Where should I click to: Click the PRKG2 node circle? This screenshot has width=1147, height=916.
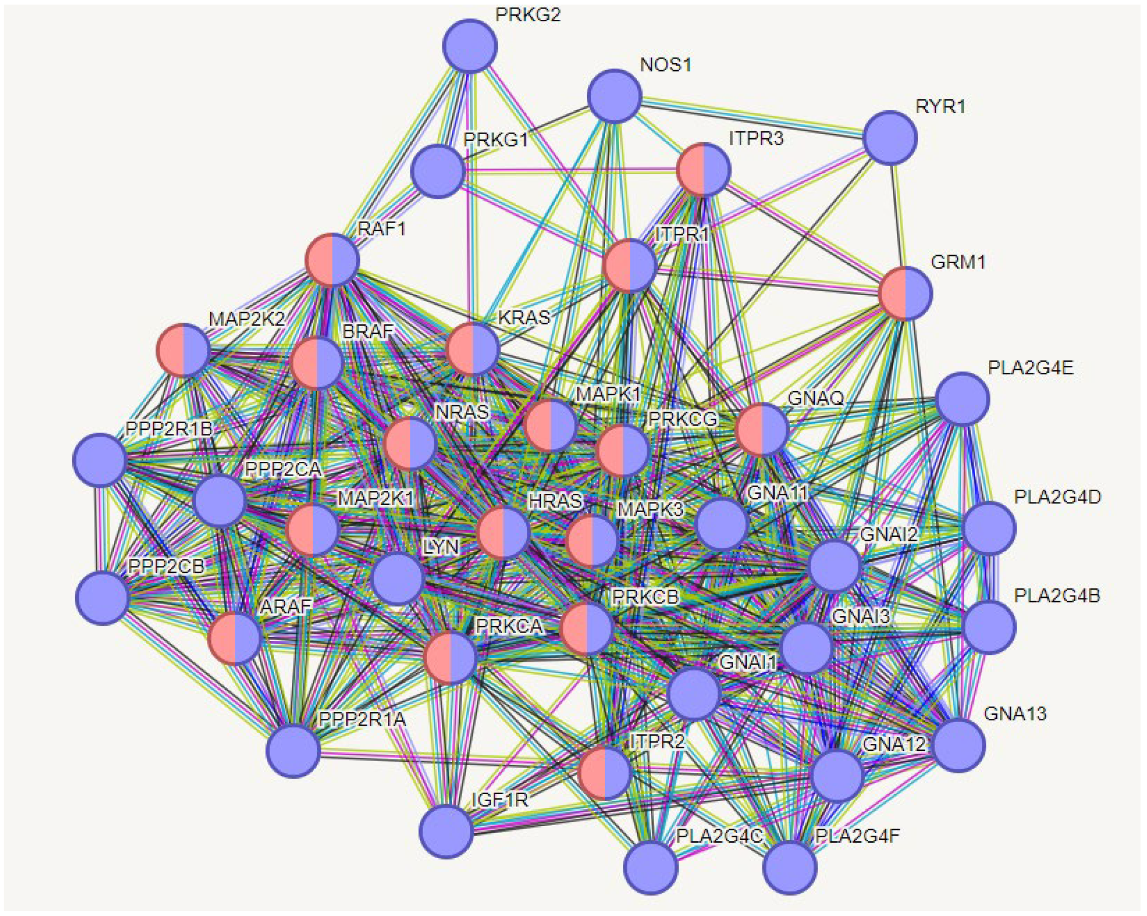click(x=470, y=46)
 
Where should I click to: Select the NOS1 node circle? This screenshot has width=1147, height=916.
click(x=615, y=96)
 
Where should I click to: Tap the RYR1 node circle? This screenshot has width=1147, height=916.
click(x=890, y=137)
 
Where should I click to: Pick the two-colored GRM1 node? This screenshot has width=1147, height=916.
click(x=905, y=293)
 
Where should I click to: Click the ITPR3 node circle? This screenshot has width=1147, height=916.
click(x=703, y=170)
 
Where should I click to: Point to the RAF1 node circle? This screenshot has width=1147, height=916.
click(x=332, y=260)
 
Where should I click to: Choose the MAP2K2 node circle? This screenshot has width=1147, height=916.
click(x=183, y=351)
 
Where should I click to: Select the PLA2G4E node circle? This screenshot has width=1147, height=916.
click(x=962, y=399)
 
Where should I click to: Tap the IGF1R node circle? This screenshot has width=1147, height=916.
click(x=446, y=832)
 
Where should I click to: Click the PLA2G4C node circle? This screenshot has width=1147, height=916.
click(x=651, y=867)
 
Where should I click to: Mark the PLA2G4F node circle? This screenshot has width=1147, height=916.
click(x=790, y=868)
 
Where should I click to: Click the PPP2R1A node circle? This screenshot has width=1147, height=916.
click(x=294, y=751)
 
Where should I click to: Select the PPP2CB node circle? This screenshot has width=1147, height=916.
click(x=103, y=598)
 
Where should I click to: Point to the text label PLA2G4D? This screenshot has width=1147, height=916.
click(x=1057, y=497)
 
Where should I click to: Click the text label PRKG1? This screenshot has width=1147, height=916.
click(x=495, y=140)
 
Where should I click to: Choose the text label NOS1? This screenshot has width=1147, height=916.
click(x=666, y=65)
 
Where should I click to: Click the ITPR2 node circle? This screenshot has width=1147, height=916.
click(x=605, y=772)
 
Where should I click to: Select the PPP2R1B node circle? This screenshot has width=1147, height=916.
click(x=100, y=460)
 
